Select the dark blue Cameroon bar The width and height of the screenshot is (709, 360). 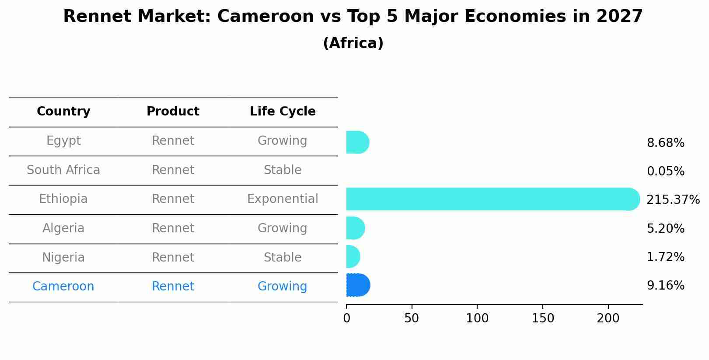[x=358, y=285]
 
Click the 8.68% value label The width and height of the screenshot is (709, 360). [x=665, y=143]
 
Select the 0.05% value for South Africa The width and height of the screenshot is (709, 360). [x=665, y=171]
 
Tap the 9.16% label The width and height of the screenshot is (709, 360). [x=665, y=286]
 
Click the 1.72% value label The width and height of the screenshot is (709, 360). [x=665, y=257]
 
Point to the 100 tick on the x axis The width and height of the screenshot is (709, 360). [x=477, y=318]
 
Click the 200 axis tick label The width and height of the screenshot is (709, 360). [x=608, y=318]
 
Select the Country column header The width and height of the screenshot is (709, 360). [x=63, y=112]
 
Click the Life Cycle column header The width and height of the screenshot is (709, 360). [x=283, y=112]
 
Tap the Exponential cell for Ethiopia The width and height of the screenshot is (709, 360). [x=283, y=199]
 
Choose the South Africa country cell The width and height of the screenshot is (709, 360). [x=63, y=170]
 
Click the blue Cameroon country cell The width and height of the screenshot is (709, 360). [x=63, y=287]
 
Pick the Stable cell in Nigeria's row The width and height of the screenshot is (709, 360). [x=283, y=258]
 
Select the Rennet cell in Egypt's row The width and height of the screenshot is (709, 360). [x=173, y=141]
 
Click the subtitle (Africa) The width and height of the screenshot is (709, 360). [x=353, y=43]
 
